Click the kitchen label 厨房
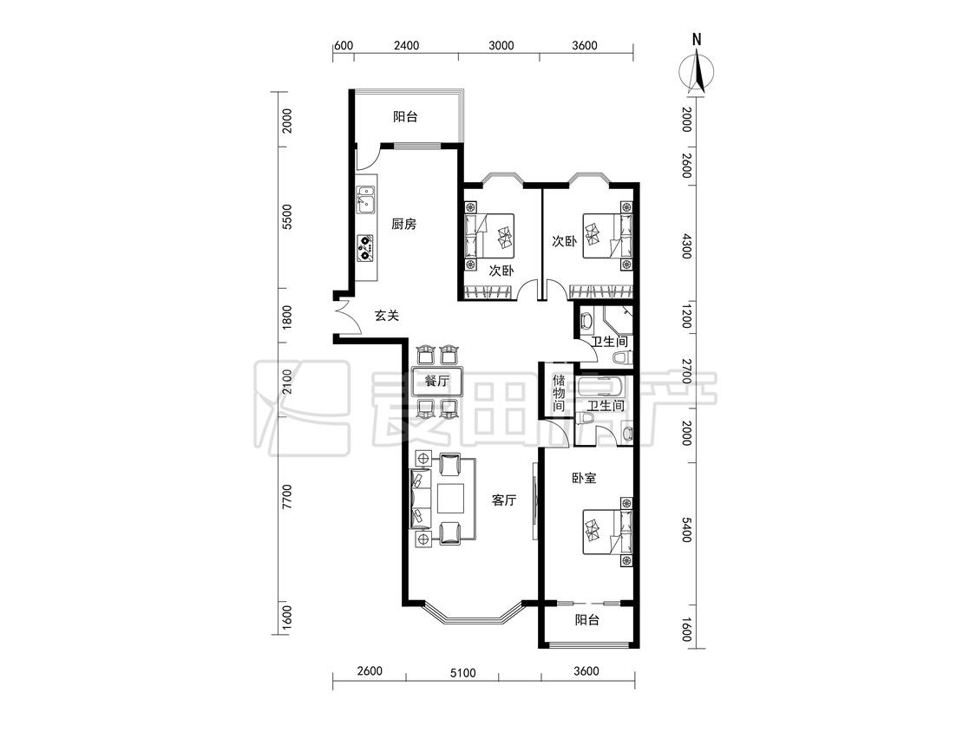click(x=404, y=224)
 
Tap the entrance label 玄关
click(x=387, y=316)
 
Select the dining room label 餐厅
click(x=436, y=381)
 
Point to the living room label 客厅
click(x=503, y=500)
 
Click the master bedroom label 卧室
click(x=584, y=478)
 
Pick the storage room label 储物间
click(x=559, y=393)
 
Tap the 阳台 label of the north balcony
click(x=405, y=116)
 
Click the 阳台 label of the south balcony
click(x=587, y=620)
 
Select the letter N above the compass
click(x=697, y=40)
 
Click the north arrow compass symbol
click(x=697, y=72)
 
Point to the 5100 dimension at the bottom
click(x=462, y=673)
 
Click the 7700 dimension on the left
click(x=287, y=497)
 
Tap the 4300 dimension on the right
click(x=686, y=246)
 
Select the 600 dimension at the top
click(x=344, y=45)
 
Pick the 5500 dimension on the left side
click(x=287, y=217)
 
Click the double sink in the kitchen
click(x=365, y=200)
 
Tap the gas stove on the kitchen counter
click(x=364, y=248)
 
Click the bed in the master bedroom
click(x=607, y=533)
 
